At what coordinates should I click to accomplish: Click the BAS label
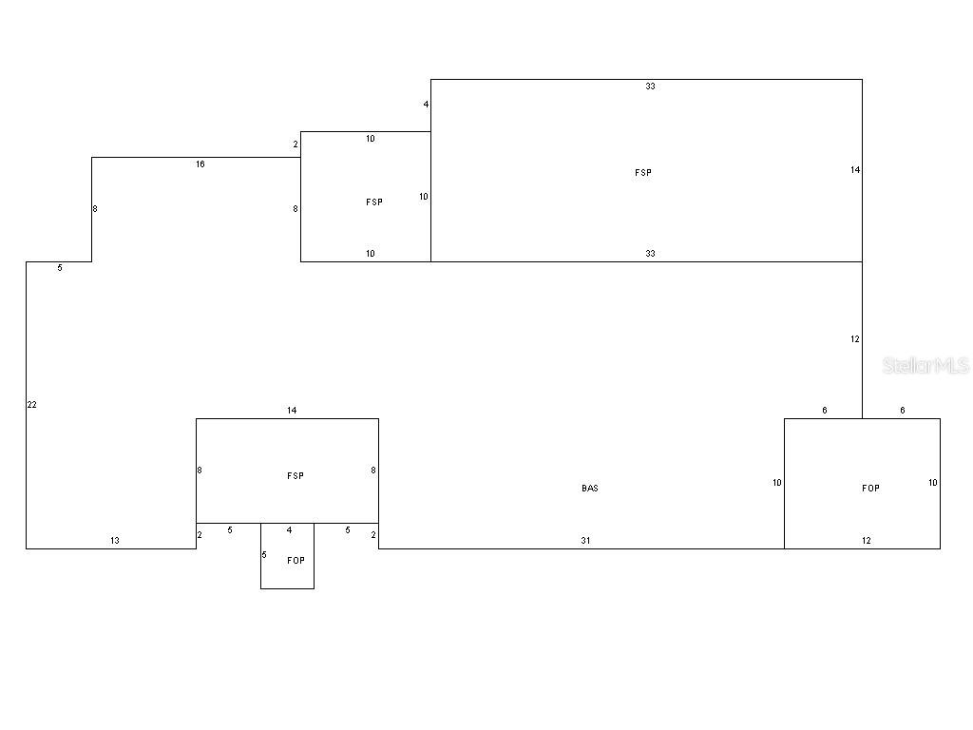(589, 489)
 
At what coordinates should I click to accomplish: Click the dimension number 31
(585, 541)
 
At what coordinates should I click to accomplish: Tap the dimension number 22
(31, 405)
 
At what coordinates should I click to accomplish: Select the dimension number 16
(200, 164)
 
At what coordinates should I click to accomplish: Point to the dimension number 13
(115, 541)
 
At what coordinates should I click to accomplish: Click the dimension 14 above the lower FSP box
(292, 411)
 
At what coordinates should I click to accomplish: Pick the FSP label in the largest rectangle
(643, 173)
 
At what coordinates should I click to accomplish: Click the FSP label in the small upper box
(374, 202)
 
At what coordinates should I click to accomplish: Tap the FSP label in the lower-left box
(296, 476)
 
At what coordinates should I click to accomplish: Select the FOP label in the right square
(870, 489)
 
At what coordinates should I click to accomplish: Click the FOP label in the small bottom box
(296, 561)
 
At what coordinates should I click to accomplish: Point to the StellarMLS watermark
(925, 366)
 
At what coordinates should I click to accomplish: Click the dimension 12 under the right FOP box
(867, 541)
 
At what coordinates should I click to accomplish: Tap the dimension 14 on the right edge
(855, 170)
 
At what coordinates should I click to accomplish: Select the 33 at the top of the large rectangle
(650, 86)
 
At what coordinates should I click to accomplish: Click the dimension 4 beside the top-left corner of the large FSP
(426, 105)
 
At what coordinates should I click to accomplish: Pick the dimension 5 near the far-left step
(60, 268)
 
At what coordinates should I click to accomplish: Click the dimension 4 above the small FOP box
(289, 530)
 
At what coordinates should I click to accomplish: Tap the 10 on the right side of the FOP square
(933, 483)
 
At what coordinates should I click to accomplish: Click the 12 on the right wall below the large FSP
(855, 339)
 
